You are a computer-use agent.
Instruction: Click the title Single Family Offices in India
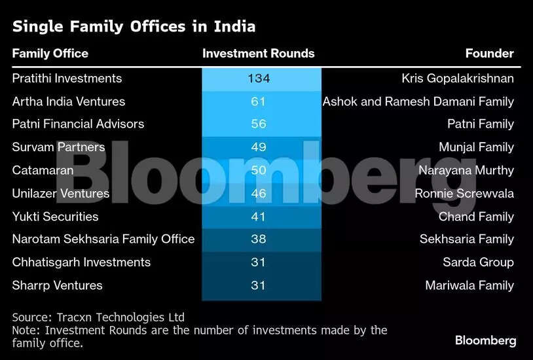click(x=134, y=27)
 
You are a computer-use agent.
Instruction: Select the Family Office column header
click(x=50, y=54)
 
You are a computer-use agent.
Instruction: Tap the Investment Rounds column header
click(x=259, y=54)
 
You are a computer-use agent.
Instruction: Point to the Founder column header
click(x=489, y=54)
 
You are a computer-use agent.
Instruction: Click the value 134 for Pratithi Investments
click(x=259, y=79)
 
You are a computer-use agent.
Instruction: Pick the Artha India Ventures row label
click(x=69, y=101)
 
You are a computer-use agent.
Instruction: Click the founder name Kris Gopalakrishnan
click(x=458, y=79)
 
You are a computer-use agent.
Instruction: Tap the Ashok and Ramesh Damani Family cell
click(x=418, y=101)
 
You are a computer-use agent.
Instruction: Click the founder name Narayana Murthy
click(x=466, y=170)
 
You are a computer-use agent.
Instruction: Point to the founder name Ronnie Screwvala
click(x=464, y=193)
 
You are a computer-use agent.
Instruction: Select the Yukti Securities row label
click(x=55, y=216)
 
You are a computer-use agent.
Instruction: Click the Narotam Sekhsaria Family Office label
click(x=103, y=239)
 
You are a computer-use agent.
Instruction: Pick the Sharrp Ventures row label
click(x=57, y=285)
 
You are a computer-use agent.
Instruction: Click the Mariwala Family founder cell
click(x=469, y=285)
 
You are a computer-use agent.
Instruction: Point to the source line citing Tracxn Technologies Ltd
click(x=98, y=317)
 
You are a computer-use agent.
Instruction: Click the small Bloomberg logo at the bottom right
click(x=485, y=340)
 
